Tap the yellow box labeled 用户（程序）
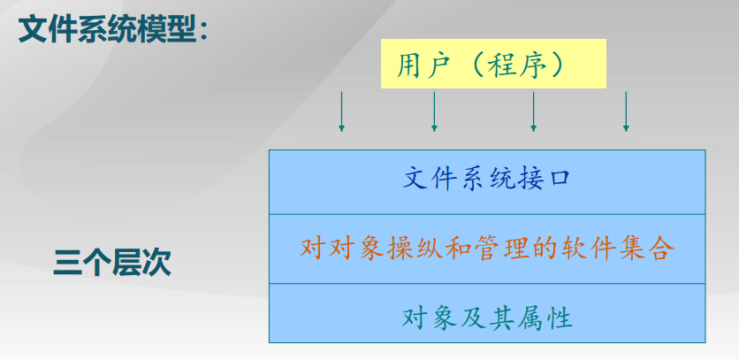pyautogui.click(x=493, y=64)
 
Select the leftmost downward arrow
pyautogui.click(x=342, y=111)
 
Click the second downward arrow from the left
pyautogui.click(x=434, y=111)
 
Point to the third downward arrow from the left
pyautogui.click(x=534, y=111)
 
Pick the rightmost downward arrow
pyautogui.click(x=626, y=111)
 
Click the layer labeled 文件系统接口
pyautogui.click(x=487, y=182)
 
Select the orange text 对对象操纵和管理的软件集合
pyautogui.click(x=484, y=249)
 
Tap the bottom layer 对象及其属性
pyautogui.click(x=487, y=313)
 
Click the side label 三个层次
pyautogui.click(x=112, y=263)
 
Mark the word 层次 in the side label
pyautogui.click(x=141, y=263)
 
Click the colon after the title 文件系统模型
pyautogui.click(x=203, y=31)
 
